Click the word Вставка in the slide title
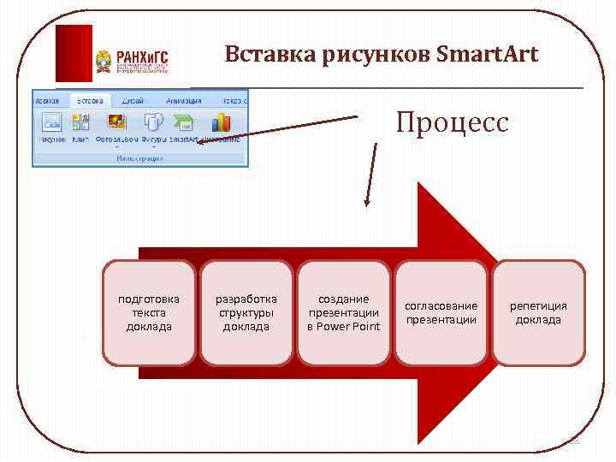point(269,55)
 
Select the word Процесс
point(452,122)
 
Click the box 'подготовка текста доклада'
point(149,313)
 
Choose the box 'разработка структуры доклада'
point(246,313)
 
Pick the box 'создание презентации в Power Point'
point(343,313)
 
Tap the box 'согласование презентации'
point(441,313)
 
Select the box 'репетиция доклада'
point(538,313)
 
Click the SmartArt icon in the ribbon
point(183,122)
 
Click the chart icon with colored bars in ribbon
point(222,122)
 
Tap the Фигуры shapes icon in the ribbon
point(153,122)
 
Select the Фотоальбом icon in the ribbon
point(116,122)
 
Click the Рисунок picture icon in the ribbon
point(51,122)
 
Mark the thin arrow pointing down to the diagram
point(369,175)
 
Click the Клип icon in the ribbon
point(82,122)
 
